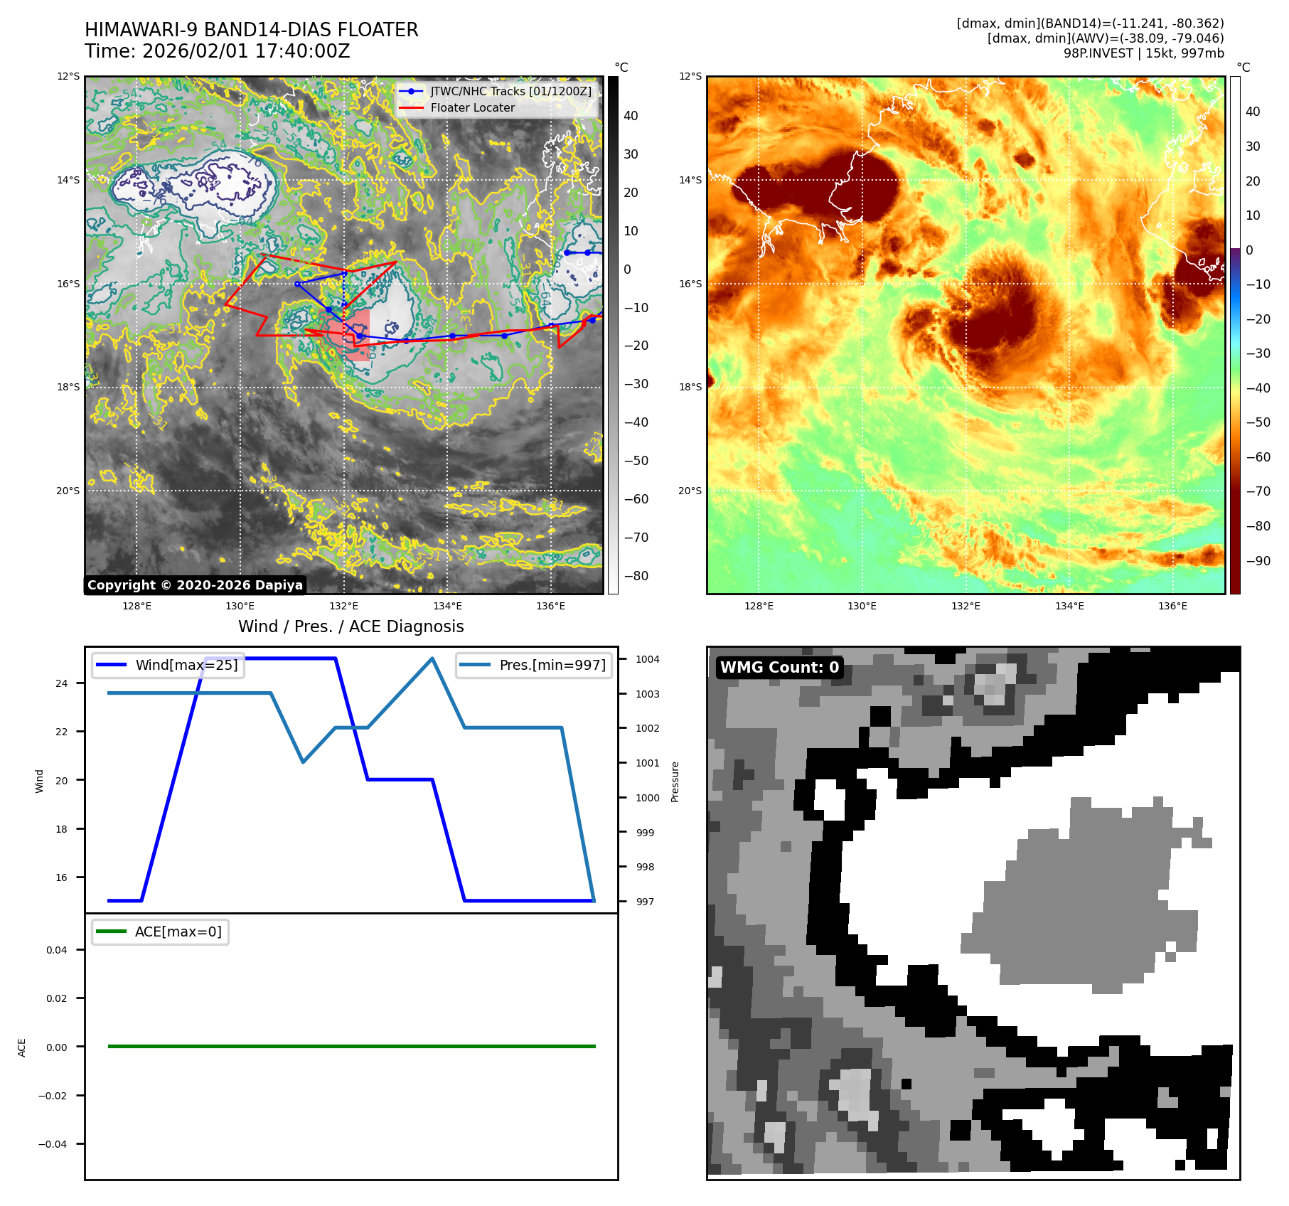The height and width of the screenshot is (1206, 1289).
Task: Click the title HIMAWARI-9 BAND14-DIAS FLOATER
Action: pos(251,30)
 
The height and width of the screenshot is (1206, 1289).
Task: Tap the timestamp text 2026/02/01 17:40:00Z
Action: pos(246,51)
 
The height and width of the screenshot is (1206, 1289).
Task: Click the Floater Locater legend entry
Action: pos(472,107)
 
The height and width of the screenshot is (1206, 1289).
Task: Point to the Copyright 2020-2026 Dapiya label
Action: pos(195,585)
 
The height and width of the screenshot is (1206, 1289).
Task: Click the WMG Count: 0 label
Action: pos(779,667)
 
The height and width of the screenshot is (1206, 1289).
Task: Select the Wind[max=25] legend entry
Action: pos(186,665)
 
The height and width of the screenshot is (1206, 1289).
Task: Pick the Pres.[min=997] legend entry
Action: pos(552,665)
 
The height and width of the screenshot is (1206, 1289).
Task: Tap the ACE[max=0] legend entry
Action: pos(178,932)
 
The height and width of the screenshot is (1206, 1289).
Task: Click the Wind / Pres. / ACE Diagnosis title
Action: pos(351,626)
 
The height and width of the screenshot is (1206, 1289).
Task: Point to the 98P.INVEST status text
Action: pos(1143,53)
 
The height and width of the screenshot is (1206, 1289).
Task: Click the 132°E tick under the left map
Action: pos(343,607)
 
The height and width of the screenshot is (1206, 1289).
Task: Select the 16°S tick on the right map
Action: pos(690,284)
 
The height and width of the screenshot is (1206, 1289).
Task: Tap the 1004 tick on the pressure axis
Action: pos(647,659)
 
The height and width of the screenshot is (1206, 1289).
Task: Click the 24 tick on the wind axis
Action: pos(62,683)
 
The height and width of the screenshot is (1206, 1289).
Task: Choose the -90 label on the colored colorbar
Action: pos(1258,561)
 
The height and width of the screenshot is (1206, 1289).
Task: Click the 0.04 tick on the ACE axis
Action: pos(57,950)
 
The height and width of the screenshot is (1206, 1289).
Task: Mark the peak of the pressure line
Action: pos(432,658)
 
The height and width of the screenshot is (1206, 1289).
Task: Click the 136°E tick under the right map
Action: pos(1172,607)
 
